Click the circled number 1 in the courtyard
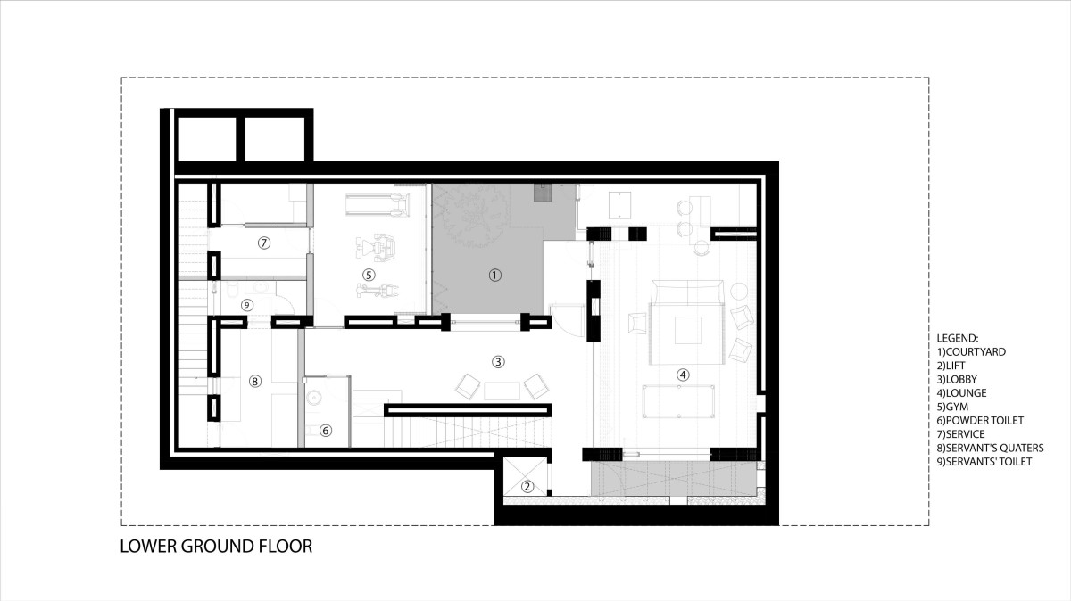tap(494, 276)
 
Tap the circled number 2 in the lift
tap(527, 487)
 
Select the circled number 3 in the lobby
tap(498, 362)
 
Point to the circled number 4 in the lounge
tap(683, 375)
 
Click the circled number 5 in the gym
tap(368, 275)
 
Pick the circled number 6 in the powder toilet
tap(326, 431)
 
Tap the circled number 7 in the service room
tap(264, 243)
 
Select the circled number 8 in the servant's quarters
tap(255, 381)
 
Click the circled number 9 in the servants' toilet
tap(246, 305)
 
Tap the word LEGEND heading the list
tap(957, 338)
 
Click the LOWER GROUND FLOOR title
tap(216, 546)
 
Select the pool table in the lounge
tap(678, 401)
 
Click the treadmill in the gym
tap(377, 204)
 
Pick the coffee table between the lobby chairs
tap(502, 391)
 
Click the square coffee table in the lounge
tap(688, 330)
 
